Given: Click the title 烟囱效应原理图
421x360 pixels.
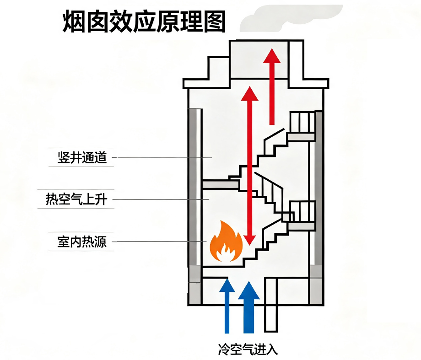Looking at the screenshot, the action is [x=144, y=21].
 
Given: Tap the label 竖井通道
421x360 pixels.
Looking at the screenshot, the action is [x=82, y=157].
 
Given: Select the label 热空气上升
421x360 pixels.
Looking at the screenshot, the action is [x=76, y=199].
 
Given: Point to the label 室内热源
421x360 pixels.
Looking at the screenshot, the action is [x=82, y=242].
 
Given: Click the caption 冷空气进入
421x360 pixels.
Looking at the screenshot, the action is [x=248, y=349].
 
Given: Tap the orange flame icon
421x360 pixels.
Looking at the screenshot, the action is [x=226, y=242].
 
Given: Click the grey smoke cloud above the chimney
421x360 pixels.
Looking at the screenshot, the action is [x=291, y=18].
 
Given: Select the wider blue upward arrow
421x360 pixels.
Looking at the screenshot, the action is [x=249, y=307].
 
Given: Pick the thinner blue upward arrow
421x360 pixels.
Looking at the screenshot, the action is [x=227, y=306].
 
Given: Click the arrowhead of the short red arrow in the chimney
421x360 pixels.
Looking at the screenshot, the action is [x=272, y=56].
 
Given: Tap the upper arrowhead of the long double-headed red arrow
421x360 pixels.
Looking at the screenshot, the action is [x=250, y=94].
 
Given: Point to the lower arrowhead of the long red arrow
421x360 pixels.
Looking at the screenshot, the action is [x=250, y=239].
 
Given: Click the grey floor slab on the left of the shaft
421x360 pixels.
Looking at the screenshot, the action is [x=221, y=184].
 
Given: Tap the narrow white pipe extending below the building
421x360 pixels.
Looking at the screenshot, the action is [x=270, y=305].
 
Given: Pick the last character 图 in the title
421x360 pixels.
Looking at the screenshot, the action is [x=215, y=21].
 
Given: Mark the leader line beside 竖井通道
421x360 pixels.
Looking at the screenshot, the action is [x=162, y=157].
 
